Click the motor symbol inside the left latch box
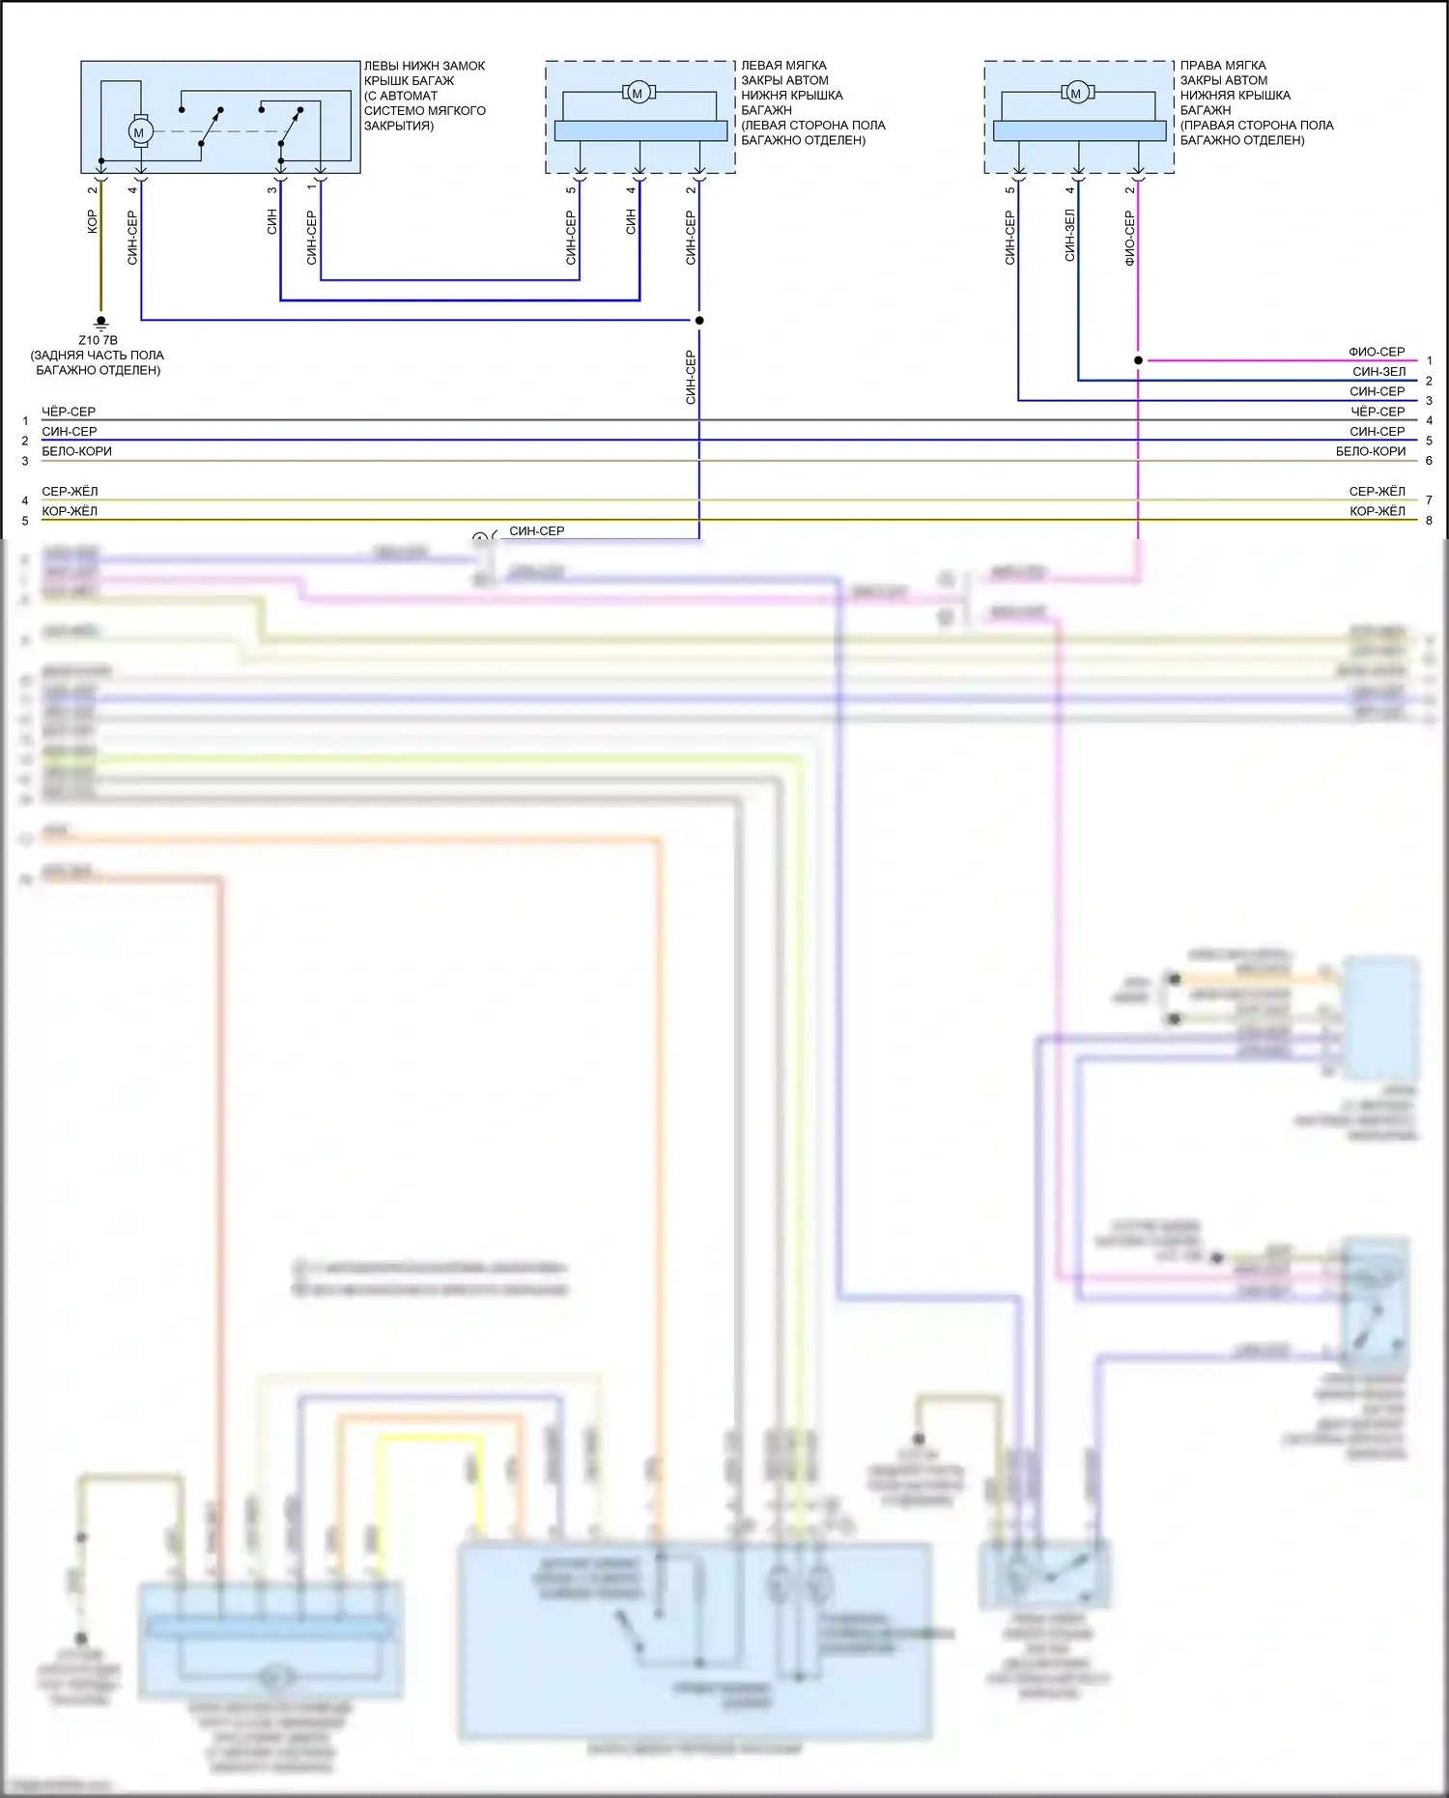pos(139,132)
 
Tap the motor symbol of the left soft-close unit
pos(637,93)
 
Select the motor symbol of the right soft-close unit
pos(1076,93)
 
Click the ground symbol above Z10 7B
pos(100,324)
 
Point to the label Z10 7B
pos(98,340)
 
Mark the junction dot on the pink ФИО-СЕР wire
pos(1138,360)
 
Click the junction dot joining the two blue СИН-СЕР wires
pos(699,320)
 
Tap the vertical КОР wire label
pos(93,221)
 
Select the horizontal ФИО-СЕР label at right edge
pos(1377,352)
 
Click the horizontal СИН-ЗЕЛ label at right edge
pos(1378,372)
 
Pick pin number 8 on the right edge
pos(1430,521)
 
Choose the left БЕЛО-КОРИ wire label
pos(76,451)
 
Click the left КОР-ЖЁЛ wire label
pos(70,511)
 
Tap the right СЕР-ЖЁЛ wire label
pos(1377,492)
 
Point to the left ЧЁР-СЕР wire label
pos(69,412)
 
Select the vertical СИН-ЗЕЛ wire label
pos(1069,236)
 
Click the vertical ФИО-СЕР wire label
pos(1129,239)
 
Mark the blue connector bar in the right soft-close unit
pos(1079,130)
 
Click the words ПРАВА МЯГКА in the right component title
pos(1222,66)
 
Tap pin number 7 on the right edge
pos(1430,500)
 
